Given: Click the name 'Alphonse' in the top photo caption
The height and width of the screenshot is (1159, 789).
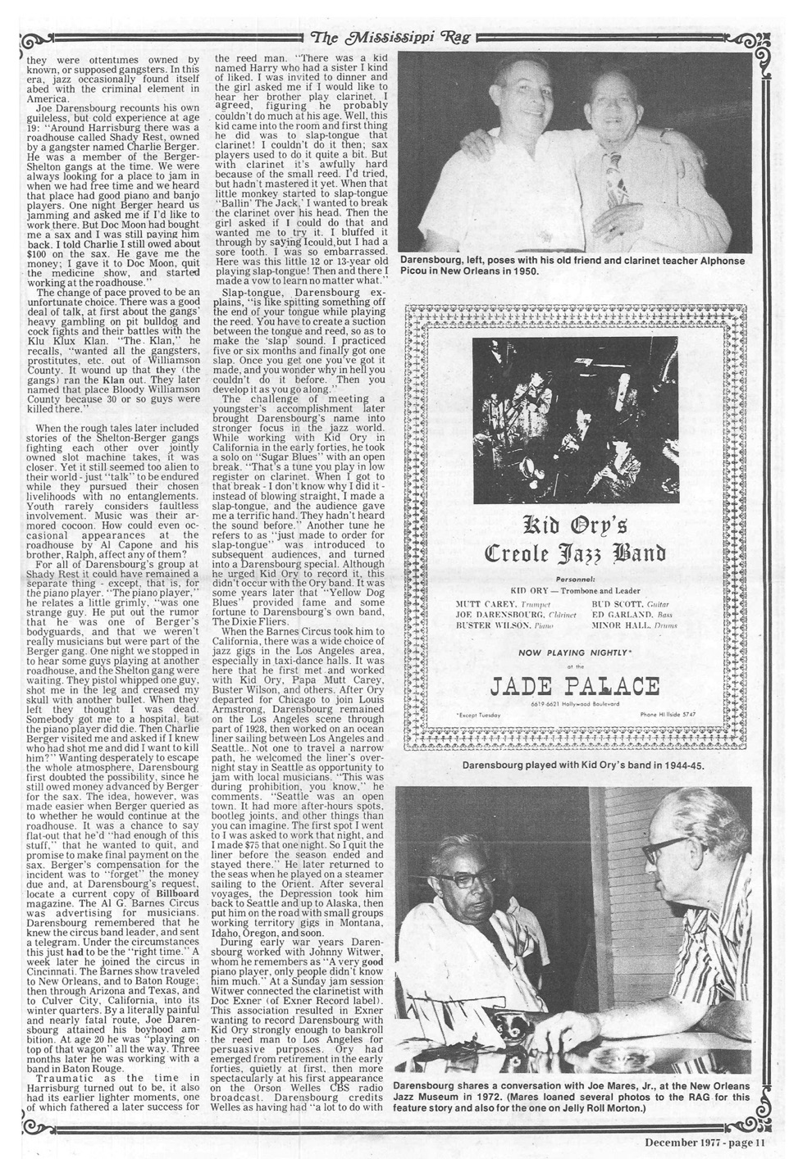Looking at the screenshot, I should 719,261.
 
